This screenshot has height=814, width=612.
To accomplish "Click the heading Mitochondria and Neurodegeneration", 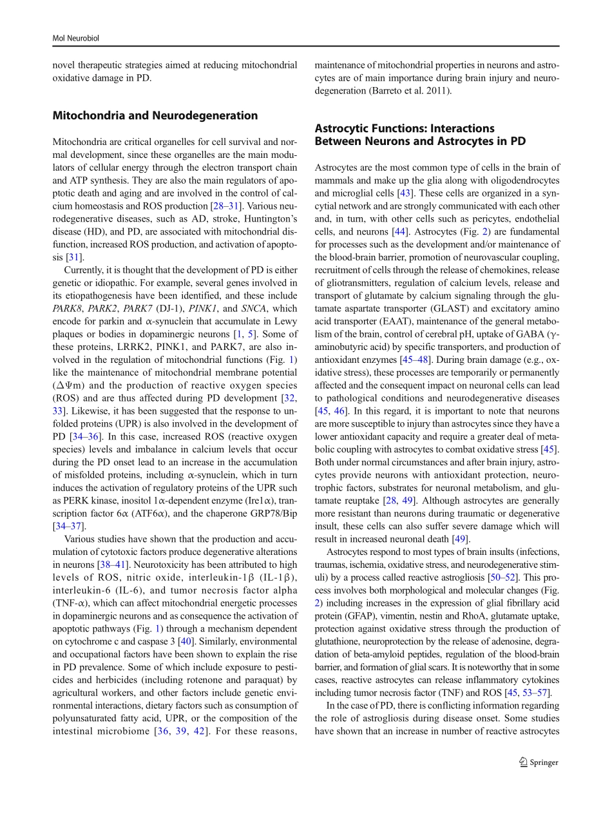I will pyautogui.click(x=155, y=116).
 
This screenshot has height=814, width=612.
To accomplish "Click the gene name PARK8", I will pyautogui.click(x=67, y=308).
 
